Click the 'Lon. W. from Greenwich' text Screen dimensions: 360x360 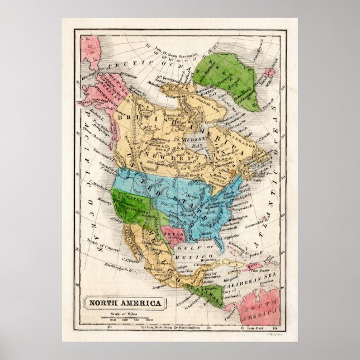click(x=177, y=54)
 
